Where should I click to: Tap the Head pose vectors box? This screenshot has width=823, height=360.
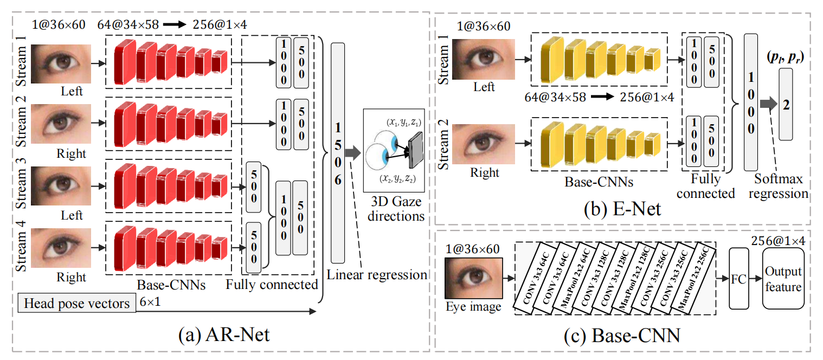[x=76, y=303]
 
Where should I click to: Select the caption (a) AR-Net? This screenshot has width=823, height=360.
[x=223, y=336]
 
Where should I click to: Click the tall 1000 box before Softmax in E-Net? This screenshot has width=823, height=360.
[x=751, y=102]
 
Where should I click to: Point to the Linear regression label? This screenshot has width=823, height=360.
[x=377, y=275]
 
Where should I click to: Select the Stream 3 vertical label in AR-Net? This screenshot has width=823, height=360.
[x=21, y=185]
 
